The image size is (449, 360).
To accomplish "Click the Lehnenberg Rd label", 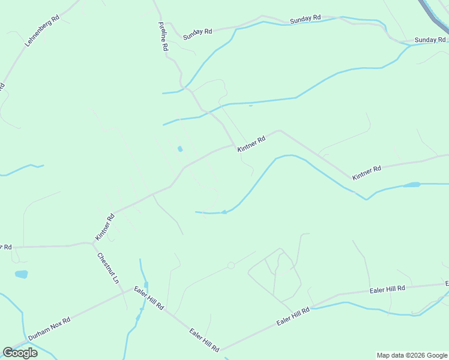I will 42,31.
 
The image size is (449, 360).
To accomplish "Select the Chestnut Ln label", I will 109,268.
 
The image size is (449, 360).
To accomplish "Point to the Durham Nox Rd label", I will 49,328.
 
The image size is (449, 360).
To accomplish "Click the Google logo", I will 20,353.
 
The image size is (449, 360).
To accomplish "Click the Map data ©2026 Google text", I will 412,355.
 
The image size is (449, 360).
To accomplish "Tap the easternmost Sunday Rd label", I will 430,40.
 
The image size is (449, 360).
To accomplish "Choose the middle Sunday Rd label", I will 306,20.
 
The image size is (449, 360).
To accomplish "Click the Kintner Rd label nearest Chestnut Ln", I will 104,228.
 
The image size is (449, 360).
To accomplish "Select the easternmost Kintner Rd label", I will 367,173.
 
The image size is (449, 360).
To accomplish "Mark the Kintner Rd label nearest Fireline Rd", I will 251,144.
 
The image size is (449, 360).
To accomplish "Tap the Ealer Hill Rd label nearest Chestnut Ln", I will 149,297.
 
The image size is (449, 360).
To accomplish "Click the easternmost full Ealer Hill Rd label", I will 387,289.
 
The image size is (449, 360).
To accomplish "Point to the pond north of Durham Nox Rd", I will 21,274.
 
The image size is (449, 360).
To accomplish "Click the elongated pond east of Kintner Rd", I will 411,185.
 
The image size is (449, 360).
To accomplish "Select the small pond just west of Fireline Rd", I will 180,149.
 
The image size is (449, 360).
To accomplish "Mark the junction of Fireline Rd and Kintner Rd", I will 233,145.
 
